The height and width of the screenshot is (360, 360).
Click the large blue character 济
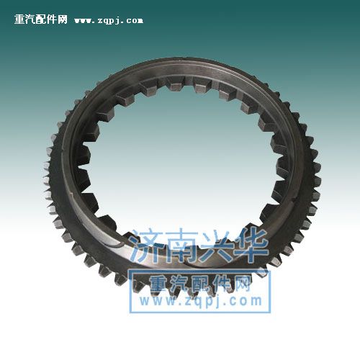146,246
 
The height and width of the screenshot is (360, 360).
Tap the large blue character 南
181,246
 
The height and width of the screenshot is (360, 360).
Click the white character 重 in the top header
19,19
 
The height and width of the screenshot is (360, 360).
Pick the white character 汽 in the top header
30,19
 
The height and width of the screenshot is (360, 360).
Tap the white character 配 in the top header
41,19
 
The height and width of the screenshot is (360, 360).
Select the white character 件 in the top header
51,19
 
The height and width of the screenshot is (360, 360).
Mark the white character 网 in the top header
62,19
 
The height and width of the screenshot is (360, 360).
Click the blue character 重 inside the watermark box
158,283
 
